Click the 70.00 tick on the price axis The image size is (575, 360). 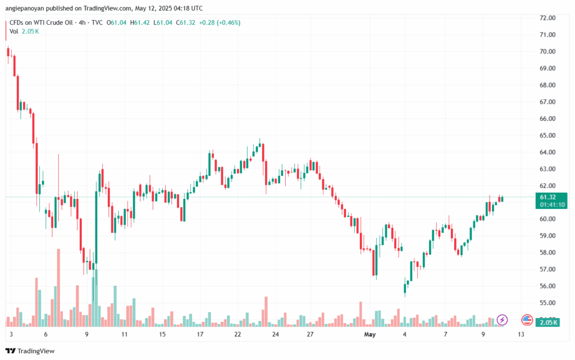click(547, 52)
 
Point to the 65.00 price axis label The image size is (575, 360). click(547, 135)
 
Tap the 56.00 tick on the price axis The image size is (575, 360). click(547, 286)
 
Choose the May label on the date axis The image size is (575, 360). click(369, 335)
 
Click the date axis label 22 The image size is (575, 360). click(238, 335)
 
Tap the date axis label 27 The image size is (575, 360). click(309, 335)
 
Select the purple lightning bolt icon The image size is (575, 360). click(502, 320)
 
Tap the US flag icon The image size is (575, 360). click(527, 320)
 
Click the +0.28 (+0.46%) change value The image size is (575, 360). click(221, 22)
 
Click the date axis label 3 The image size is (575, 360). click(11, 335)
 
